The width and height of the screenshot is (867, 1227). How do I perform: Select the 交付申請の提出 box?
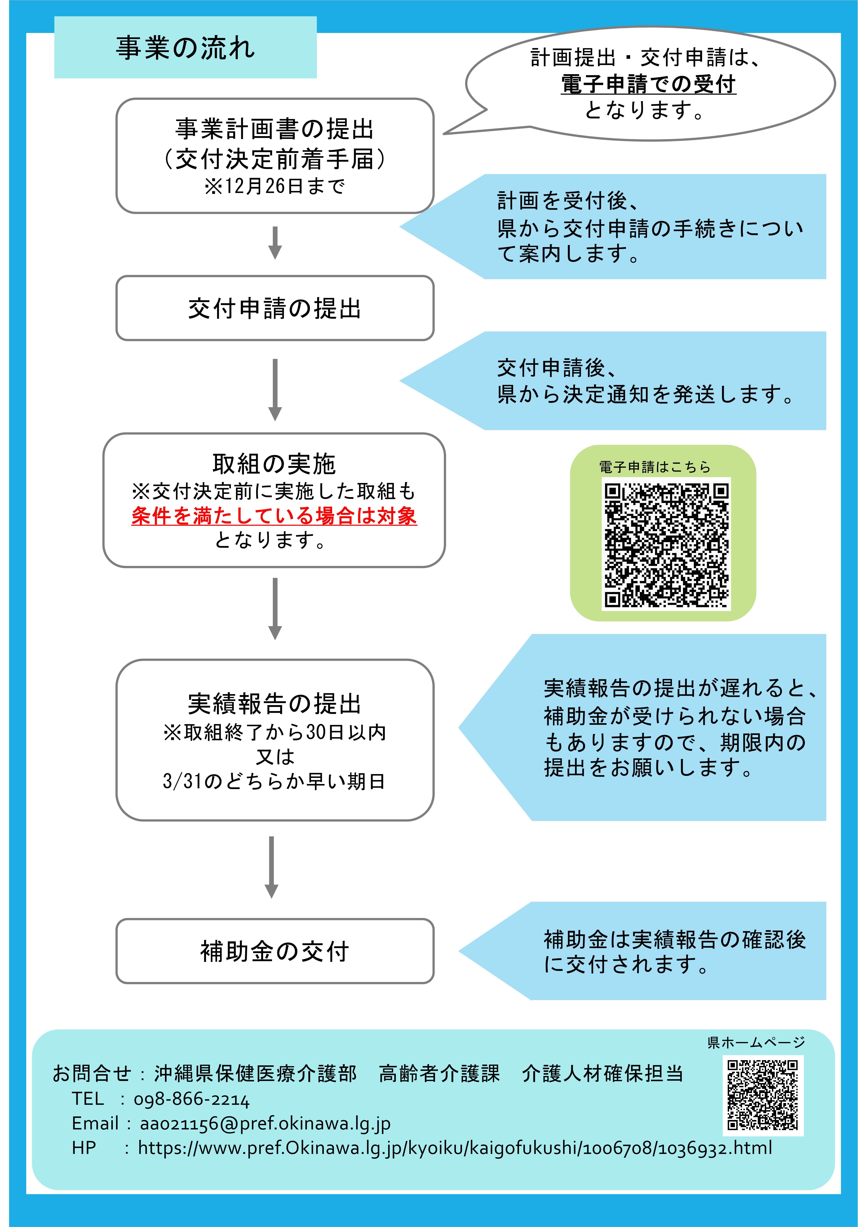(x=275, y=308)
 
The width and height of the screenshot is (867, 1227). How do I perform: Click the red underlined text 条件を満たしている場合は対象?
(x=274, y=516)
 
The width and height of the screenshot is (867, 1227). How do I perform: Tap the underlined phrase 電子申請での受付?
(x=648, y=84)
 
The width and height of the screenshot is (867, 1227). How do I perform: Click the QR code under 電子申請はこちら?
(x=666, y=544)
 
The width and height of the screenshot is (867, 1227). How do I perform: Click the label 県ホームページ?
(x=755, y=1042)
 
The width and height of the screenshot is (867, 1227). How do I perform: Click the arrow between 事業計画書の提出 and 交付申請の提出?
(x=275, y=243)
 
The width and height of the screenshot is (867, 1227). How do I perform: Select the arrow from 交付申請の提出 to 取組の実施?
(x=275, y=389)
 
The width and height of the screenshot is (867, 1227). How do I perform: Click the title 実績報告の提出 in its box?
(x=275, y=704)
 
